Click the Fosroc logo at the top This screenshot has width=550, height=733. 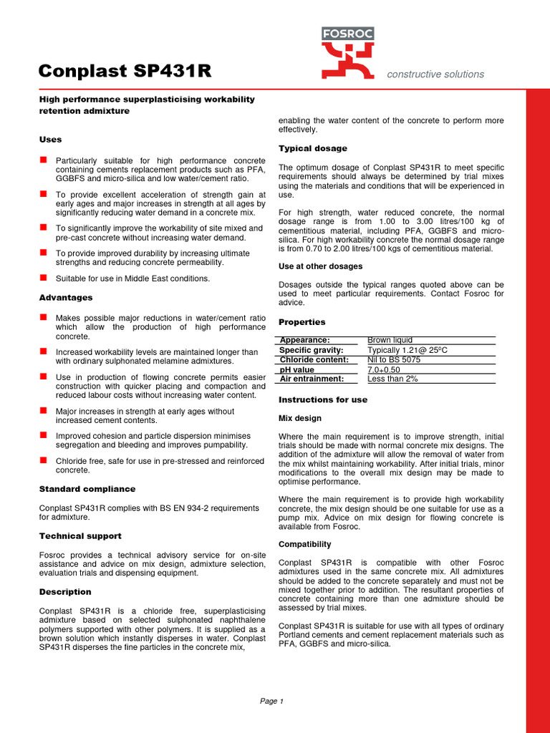[x=347, y=53]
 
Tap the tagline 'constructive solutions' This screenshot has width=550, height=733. [x=435, y=74]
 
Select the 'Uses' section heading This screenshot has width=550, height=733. [x=50, y=140]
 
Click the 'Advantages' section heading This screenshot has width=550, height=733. [x=65, y=297]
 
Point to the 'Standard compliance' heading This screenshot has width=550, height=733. [x=87, y=489]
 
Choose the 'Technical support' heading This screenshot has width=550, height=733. [x=79, y=535]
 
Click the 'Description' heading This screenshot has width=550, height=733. [x=64, y=592]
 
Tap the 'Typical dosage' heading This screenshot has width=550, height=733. [x=312, y=148]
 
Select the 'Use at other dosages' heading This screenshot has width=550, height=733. [x=320, y=266]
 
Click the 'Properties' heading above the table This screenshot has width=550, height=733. [x=301, y=322]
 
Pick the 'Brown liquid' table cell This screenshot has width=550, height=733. [x=390, y=340]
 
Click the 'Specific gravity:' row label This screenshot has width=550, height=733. [x=312, y=350]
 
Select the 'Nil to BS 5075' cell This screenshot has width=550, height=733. [x=394, y=360]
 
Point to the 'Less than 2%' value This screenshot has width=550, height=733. [x=392, y=379]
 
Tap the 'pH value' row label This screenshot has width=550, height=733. [x=297, y=369]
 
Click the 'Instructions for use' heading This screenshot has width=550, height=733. [x=322, y=399]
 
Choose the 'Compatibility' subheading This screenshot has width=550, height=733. [x=304, y=544]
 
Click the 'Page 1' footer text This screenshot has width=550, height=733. [x=272, y=701]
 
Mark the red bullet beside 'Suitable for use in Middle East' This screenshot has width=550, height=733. [x=44, y=277]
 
